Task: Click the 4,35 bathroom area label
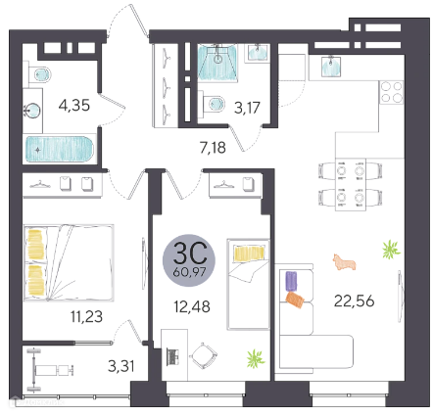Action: click(x=74, y=106)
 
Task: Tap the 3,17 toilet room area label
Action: click(x=247, y=108)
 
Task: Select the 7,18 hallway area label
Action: click(x=213, y=148)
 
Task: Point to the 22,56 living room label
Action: click(x=354, y=300)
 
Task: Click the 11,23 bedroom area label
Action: click(x=86, y=316)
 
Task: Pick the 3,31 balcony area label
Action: click(x=121, y=366)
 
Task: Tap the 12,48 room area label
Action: click(x=192, y=306)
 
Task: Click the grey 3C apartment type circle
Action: click(x=189, y=260)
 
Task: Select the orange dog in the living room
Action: click(x=344, y=262)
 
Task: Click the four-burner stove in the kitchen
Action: click(x=392, y=92)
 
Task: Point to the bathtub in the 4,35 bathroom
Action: click(x=60, y=149)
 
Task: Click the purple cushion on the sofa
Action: click(x=292, y=281)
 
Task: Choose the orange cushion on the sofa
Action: click(x=295, y=300)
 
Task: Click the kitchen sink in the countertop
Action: click(x=331, y=67)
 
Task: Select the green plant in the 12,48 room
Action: click(x=256, y=358)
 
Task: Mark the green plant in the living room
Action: click(x=391, y=250)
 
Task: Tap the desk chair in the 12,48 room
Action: click(x=205, y=355)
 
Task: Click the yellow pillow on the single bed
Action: click(x=249, y=254)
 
